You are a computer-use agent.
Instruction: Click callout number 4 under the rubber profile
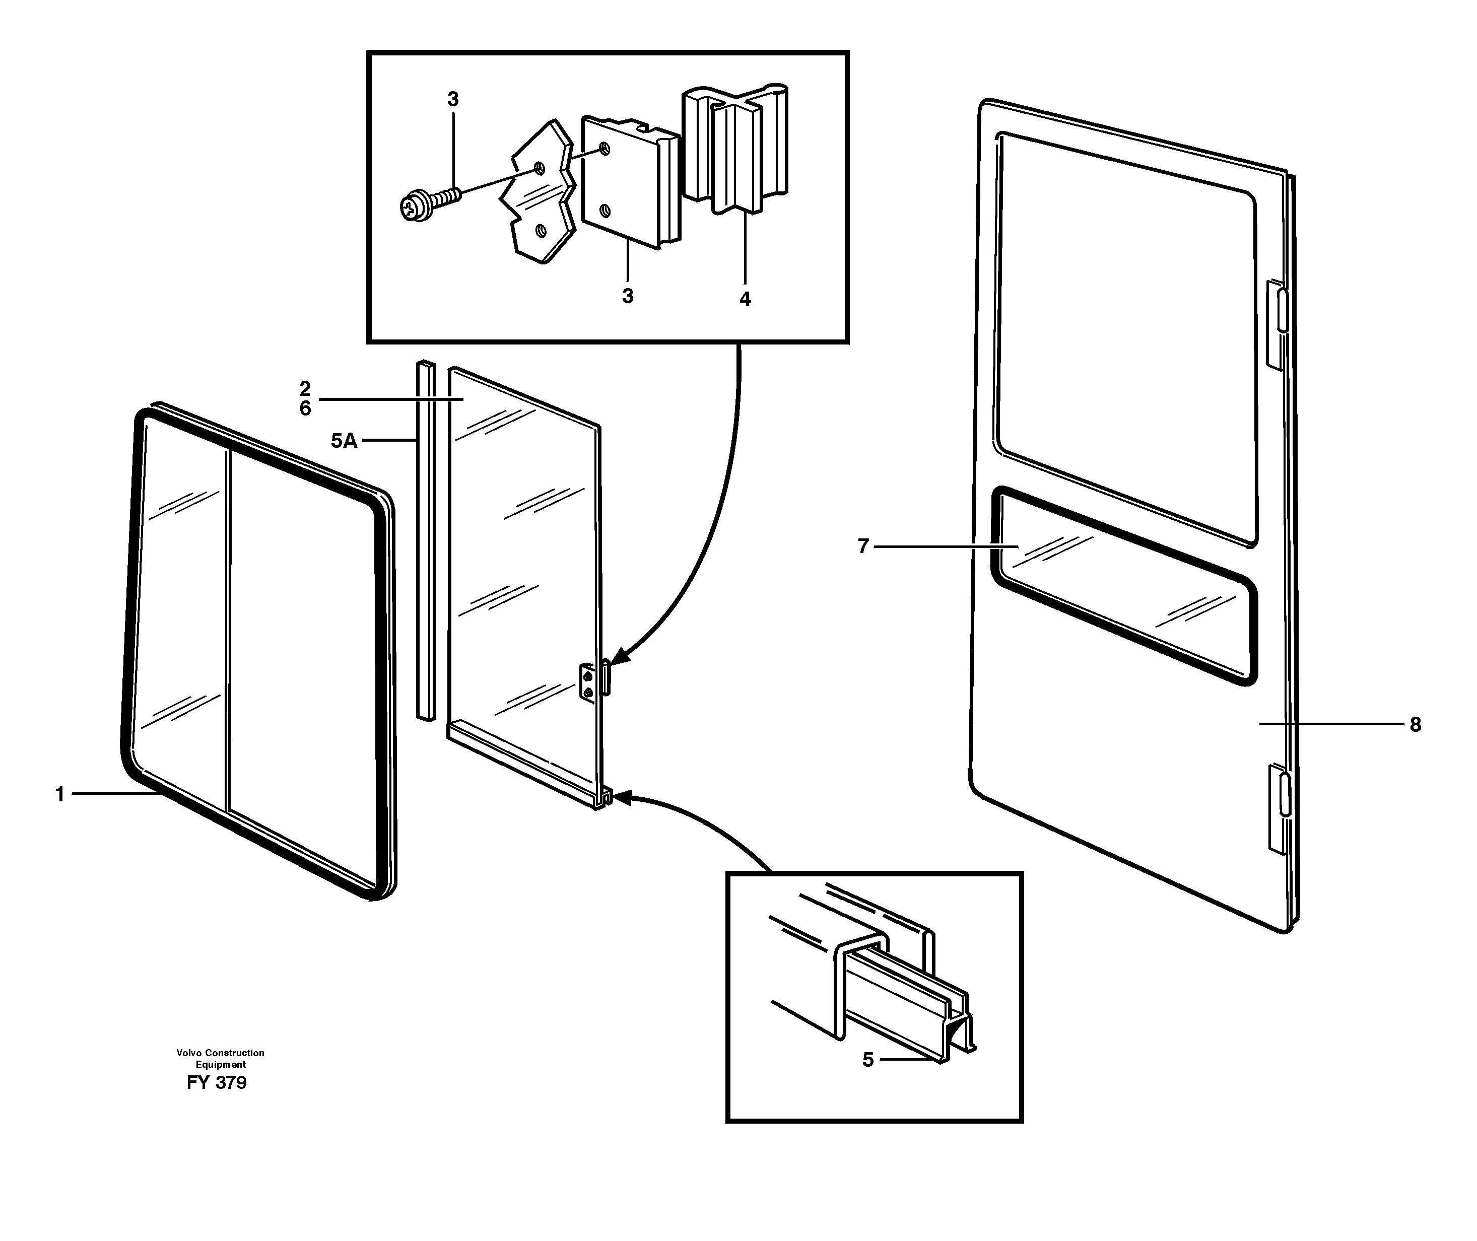(745, 299)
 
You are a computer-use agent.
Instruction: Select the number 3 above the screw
(453, 99)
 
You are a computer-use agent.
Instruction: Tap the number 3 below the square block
(628, 296)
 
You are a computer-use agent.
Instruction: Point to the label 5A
(344, 441)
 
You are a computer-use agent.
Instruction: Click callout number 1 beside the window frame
(60, 794)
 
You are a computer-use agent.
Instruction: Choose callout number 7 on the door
(863, 546)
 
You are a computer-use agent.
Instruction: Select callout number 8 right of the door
(1415, 725)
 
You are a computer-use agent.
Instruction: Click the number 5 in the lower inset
(867, 1060)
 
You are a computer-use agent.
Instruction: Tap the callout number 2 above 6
(305, 388)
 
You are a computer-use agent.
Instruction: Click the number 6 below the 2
(305, 409)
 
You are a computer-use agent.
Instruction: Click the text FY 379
(217, 1083)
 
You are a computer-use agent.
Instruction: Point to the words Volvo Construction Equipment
(220, 1058)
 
